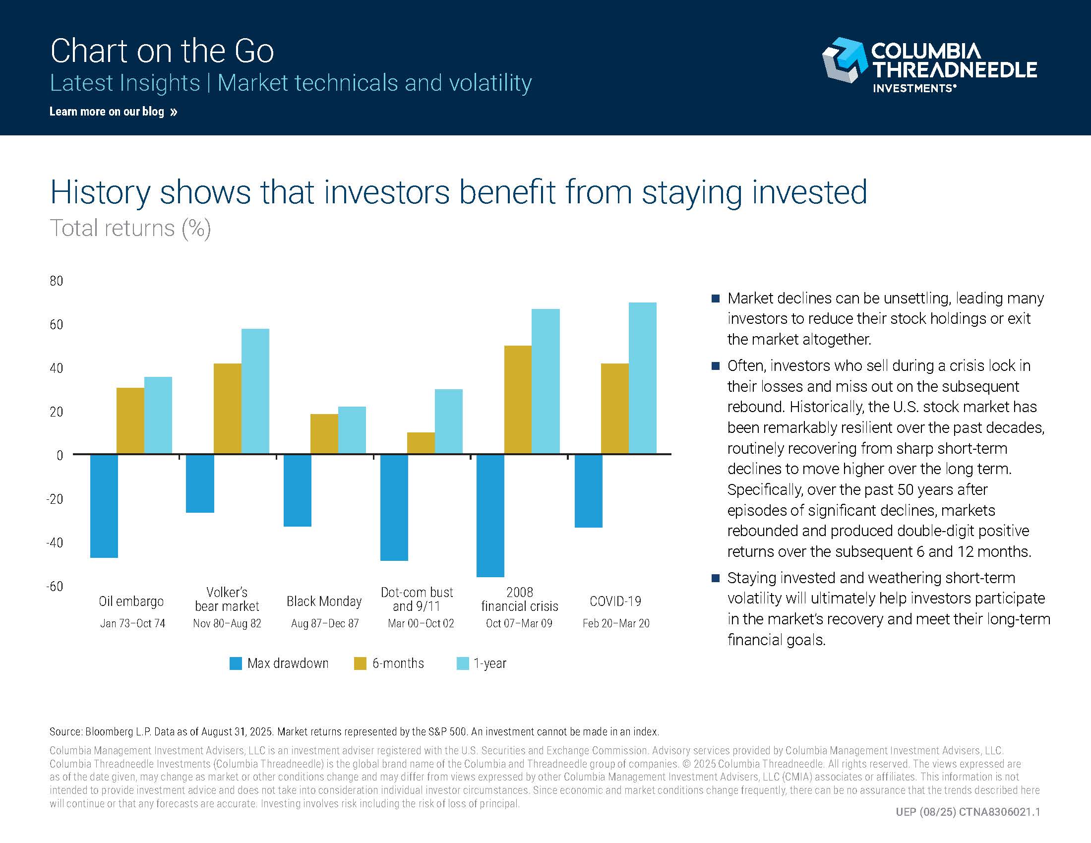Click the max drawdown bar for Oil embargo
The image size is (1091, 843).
(x=104, y=505)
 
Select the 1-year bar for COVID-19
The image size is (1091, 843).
(x=642, y=378)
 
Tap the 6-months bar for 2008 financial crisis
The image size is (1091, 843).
(x=518, y=400)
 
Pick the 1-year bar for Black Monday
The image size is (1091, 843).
(x=352, y=430)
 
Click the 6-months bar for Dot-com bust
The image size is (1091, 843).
(x=421, y=443)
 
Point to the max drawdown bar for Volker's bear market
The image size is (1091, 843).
(x=200, y=483)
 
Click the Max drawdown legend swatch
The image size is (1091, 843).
(x=235, y=663)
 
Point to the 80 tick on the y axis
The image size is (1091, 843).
(x=57, y=281)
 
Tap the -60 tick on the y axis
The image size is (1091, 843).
(x=55, y=586)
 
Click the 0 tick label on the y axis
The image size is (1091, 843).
(x=60, y=455)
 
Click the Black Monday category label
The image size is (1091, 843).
(x=324, y=601)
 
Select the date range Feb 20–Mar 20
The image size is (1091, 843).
(x=616, y=623)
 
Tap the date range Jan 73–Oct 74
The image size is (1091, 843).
(x=132, y=623)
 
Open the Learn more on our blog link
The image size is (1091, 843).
(x=113, y=112)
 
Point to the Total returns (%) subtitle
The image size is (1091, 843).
(x=130, y=228)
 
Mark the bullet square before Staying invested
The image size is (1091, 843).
(x=715, y=578)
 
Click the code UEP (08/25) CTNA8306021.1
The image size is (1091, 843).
(x=968, y=812)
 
